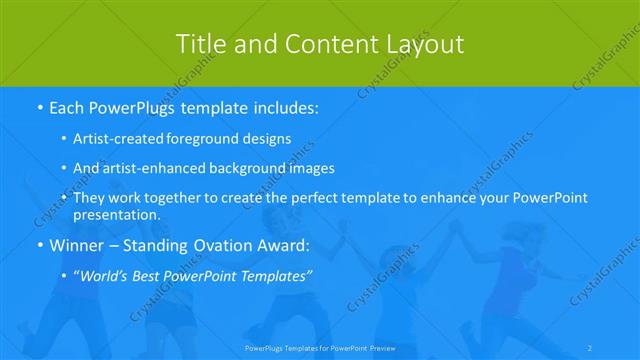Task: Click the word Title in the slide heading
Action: (x=198, y=44)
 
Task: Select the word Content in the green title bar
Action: (x=314, y=44)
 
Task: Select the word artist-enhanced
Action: (x=150, y=169)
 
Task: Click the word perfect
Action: (x=339, y=199)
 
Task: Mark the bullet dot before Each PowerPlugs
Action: (x=39, y=106)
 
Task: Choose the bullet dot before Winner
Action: (x=39, y=246)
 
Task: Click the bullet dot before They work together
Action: (x=65, y=199)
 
